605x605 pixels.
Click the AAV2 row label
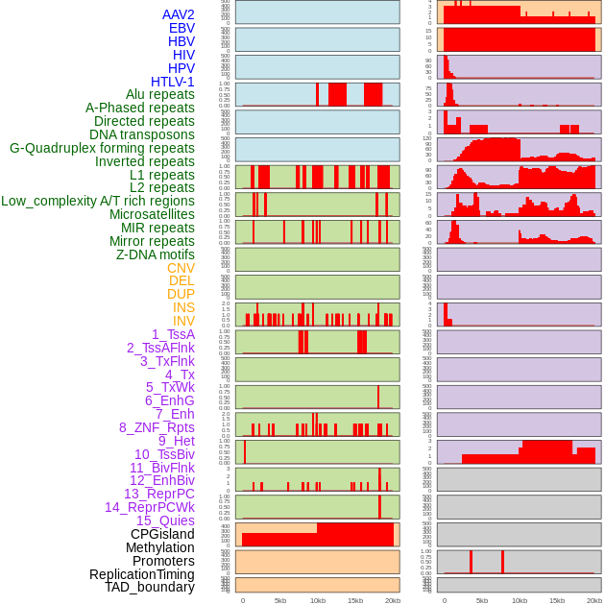point(178,15)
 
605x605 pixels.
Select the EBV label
point(181,29)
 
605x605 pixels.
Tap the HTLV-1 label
point(173,82)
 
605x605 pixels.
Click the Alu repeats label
point(159,95)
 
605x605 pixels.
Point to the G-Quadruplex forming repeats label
point(102,149)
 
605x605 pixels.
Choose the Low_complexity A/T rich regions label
point(98,202)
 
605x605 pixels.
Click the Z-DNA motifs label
point(156,254)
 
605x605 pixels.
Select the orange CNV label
point(181,268)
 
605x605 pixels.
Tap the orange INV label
point(183,321)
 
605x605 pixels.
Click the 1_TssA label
point(173,334)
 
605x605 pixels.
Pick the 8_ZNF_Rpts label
point(157,427)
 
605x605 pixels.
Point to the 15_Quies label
point(165,520)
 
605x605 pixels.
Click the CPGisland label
point(162,534)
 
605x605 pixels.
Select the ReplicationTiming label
point(141,574)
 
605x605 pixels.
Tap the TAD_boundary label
point(150,587)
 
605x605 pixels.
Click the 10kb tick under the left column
point(317,600)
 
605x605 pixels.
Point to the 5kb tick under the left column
point(280,600)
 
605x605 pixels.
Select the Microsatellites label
point(152,215)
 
